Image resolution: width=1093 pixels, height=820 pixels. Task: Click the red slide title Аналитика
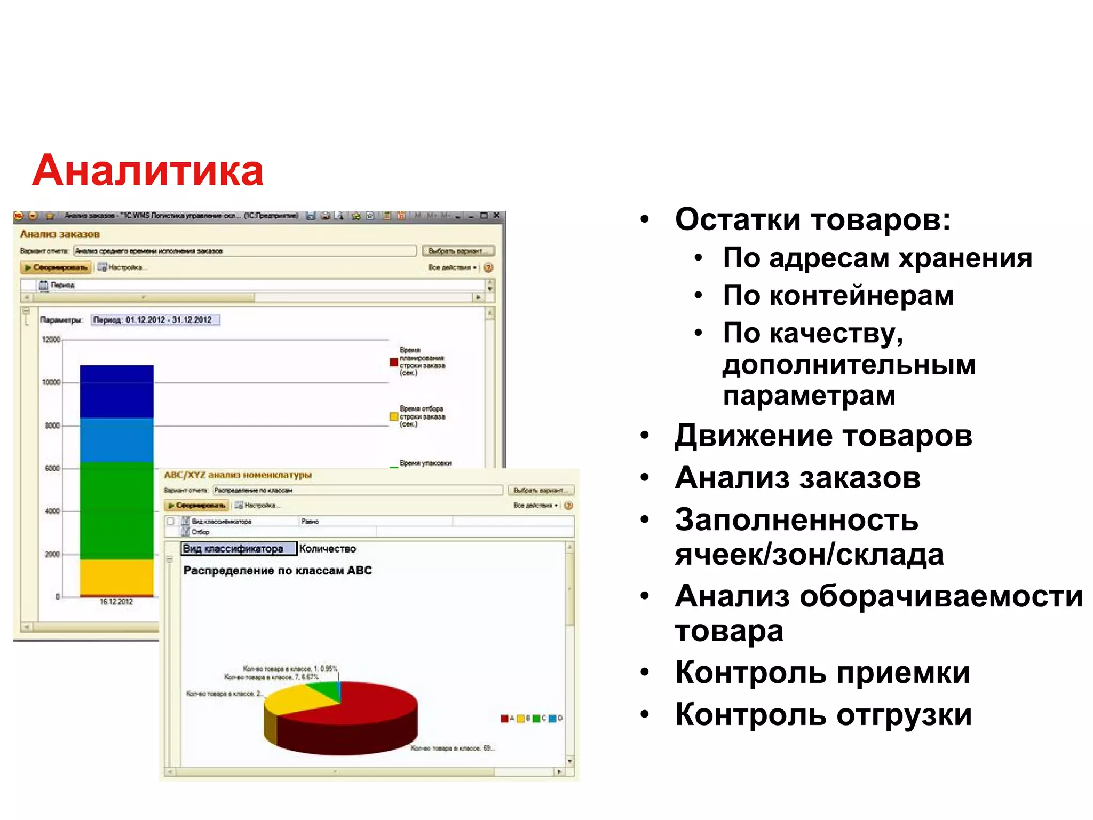(x=148, y=171)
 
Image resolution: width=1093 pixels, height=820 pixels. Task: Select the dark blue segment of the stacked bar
(x=116, y=391)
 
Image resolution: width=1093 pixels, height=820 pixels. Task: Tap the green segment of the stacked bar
(x=116, y=510)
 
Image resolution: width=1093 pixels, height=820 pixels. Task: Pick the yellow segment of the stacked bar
(x=116, y=577)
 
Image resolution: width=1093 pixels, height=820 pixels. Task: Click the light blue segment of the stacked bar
(x=116, y=439)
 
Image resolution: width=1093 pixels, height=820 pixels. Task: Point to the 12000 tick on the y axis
(x=51, y=340)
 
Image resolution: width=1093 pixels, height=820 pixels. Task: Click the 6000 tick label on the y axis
(x=52, y=468)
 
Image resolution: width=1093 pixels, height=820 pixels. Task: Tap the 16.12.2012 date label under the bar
(x=116, y=602)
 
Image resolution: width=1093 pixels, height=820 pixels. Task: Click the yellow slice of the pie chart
(x=288, y=699)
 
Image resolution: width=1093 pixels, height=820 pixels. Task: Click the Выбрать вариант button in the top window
(x=458, y=250)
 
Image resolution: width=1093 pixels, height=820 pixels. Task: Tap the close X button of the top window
(x=496, y=216)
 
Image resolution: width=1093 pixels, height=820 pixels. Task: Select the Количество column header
(x=327, y=549)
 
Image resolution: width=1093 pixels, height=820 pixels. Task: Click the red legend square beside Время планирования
(x=394, y=362)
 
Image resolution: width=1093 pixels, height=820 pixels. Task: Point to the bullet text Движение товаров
(x=823, y=436)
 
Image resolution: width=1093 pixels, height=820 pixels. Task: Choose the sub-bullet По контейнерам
(x=838, y=295)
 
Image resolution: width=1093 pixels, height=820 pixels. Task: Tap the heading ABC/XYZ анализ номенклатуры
(x=237, y=475)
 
